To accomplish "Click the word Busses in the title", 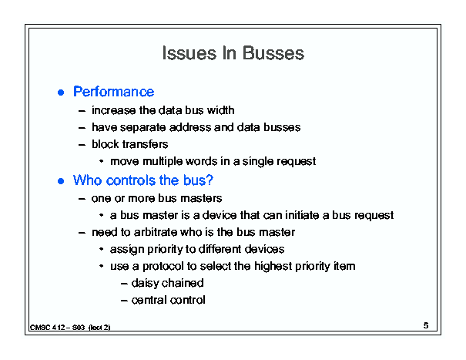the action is coord(273,53).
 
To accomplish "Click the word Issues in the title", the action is coord(189,53).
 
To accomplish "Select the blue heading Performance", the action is coord(114,92).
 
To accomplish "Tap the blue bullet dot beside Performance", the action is coord(61,93).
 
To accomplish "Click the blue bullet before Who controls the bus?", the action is coord(61,181).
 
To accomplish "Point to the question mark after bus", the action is coord(210,180).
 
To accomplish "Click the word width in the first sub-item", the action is coord(221,110).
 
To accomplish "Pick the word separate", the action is coord(143,128).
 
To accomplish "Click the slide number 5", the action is coord(426,325).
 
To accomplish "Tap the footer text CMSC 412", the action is coord(48,328).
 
